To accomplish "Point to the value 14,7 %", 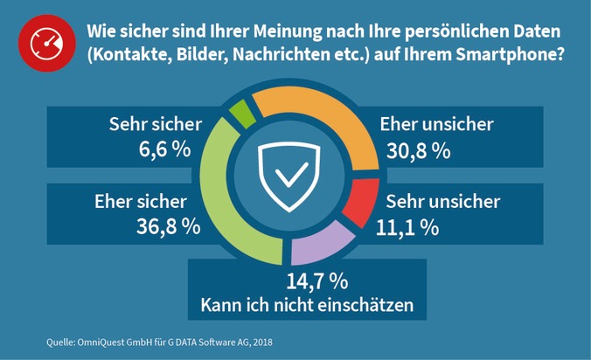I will pyautogui.click(x=317, y=282).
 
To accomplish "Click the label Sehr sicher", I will pyautogui.click(x=156, y=124).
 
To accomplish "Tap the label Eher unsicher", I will pyautogui.click(x=435, y=124).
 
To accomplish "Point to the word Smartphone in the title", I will pyautogui.click(x=510, y=55).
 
